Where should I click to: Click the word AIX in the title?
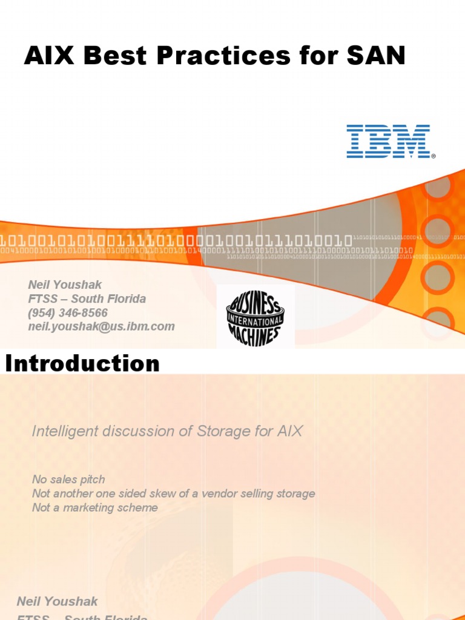pyautogui.click(x=49, y=56)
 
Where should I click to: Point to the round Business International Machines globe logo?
pyautogui.click(x=255, y=316)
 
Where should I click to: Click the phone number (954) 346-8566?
pyautogui.click(x=68, y=313)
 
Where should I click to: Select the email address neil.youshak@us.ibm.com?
pyautogui.click(x=101, y=327)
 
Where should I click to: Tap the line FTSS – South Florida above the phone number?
pyautogui.click(x=87, y=298)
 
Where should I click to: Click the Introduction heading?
pyautogui.click(x=82, y=364)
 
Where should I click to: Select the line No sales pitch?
pyautogui.click(x=68, y=480)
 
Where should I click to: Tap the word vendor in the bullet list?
pyautogui.click(x=220, y=493)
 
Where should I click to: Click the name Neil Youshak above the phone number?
pyautogui.click(x=65, y=284)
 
